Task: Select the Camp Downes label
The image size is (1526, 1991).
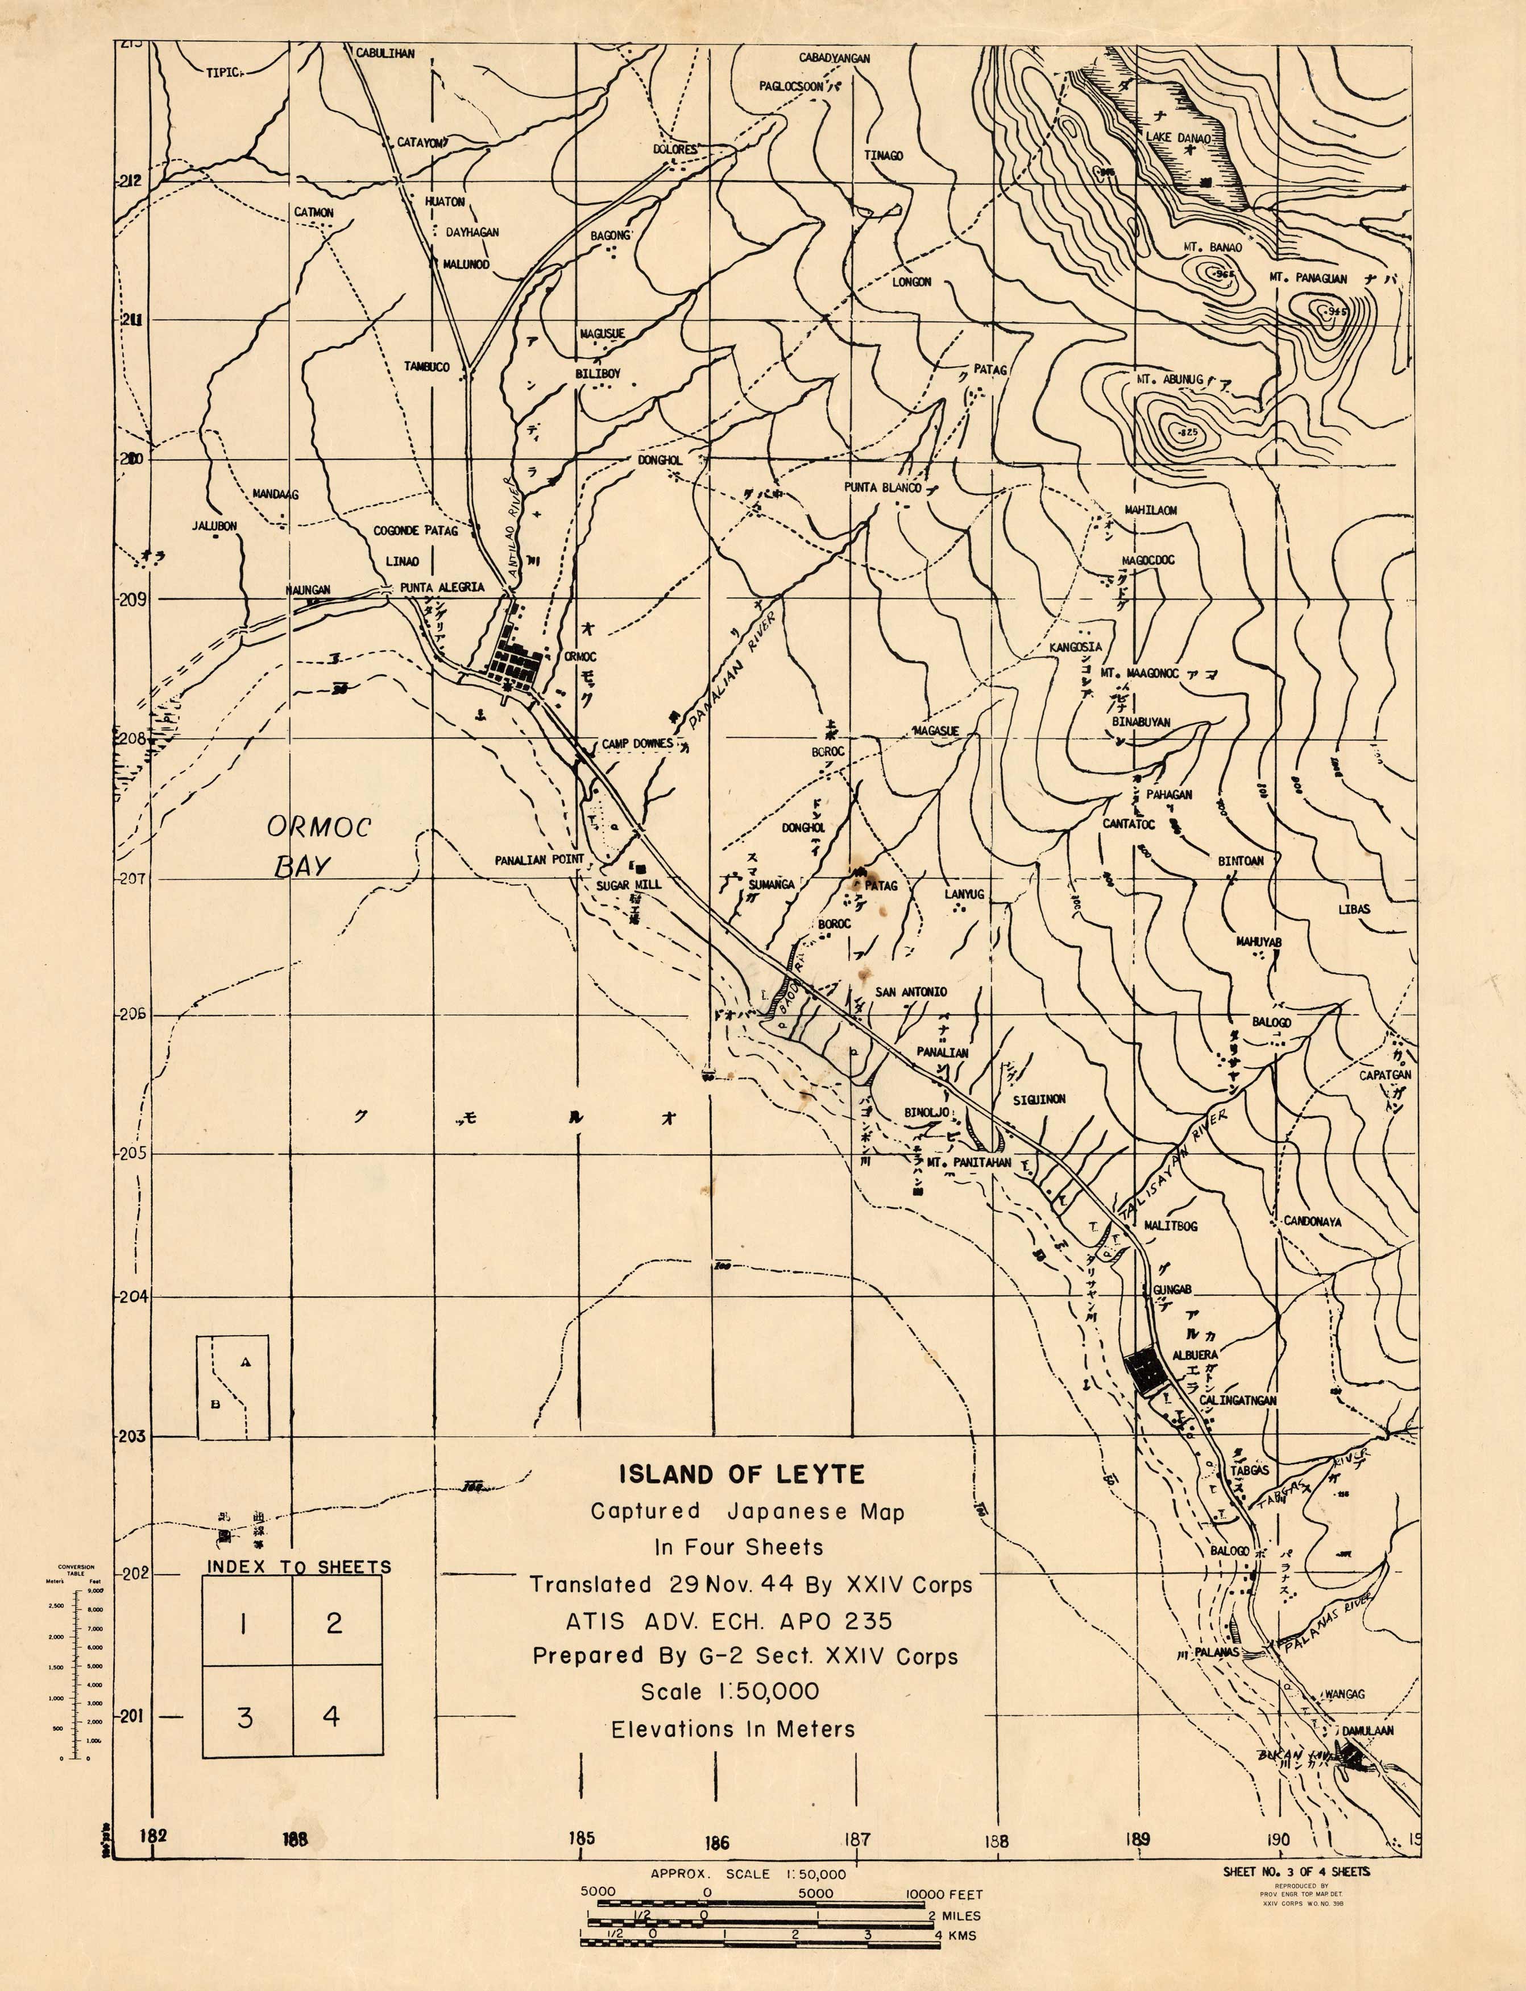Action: click(637, 743)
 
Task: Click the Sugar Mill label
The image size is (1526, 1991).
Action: click(629, 884)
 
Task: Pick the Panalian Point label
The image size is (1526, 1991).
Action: click(540, 860)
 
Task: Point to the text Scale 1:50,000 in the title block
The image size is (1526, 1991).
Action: click(729, 1691)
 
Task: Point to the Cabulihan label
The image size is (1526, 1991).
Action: click(384, 53)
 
